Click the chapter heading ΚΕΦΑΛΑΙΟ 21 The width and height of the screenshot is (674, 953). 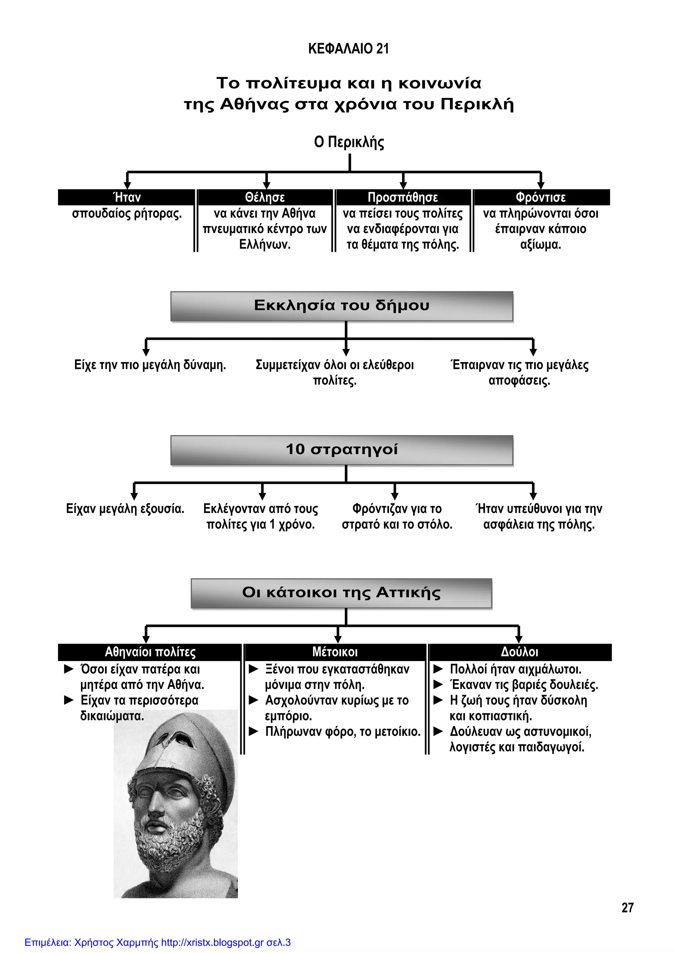coord(348,49)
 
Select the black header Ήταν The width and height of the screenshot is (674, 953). coord(127,197)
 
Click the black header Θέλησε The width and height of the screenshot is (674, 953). coord(265,197)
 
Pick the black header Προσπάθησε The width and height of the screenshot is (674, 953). coord(402,197)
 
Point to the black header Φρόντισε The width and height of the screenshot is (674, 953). coord(540,197)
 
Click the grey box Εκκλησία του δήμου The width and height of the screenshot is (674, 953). coord(342,306)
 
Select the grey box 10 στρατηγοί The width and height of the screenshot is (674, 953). coord(342,450)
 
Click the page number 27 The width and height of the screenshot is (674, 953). coord(627,908)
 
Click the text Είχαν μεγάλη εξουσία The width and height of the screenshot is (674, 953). coord(125,509)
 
